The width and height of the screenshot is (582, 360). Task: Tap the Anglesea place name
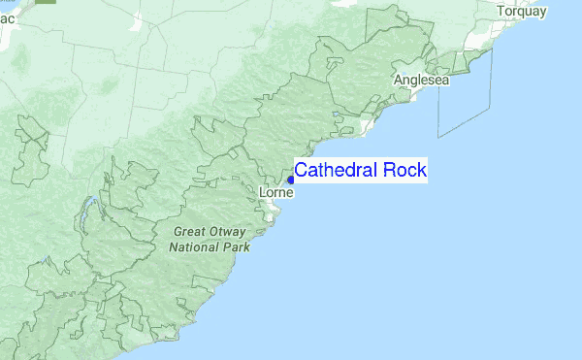(421, 80)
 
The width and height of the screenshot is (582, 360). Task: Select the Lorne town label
(276, 193)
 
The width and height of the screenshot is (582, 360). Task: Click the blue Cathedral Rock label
(360, 171)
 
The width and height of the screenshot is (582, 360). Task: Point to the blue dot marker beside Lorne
(290, 180)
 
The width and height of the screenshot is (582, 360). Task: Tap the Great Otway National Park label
(210, 240)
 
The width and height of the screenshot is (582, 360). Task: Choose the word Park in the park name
(237, 247)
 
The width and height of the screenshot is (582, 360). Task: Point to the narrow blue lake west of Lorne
(88, 207)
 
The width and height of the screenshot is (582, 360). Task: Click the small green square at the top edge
(47, 3)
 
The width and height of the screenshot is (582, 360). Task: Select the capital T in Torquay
(501, 12)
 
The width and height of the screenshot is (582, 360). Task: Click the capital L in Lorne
(264, 193)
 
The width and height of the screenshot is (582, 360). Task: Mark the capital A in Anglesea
(398, 80)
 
